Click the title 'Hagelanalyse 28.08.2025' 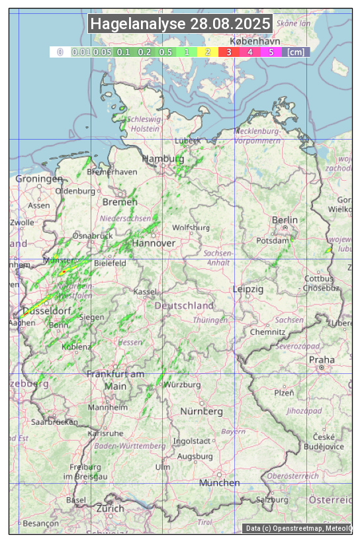coord(180,24)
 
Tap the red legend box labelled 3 coord(228,52)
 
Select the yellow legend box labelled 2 coord(207,52)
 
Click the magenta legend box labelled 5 coord(271,52)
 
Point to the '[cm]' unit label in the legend coord(296,52)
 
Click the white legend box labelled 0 coord(60,52)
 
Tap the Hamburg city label coord(163,159)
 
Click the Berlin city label coord(285,220)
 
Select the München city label coord(219,482)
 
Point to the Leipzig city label coord(248,289)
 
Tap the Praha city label coord(322,359)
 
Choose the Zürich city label coord(110,508)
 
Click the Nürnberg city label coord(202,411)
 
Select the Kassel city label coord(144,291)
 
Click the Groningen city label coord(38,179)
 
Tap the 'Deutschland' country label coord(184,306)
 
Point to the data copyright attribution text coord(298,528)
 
